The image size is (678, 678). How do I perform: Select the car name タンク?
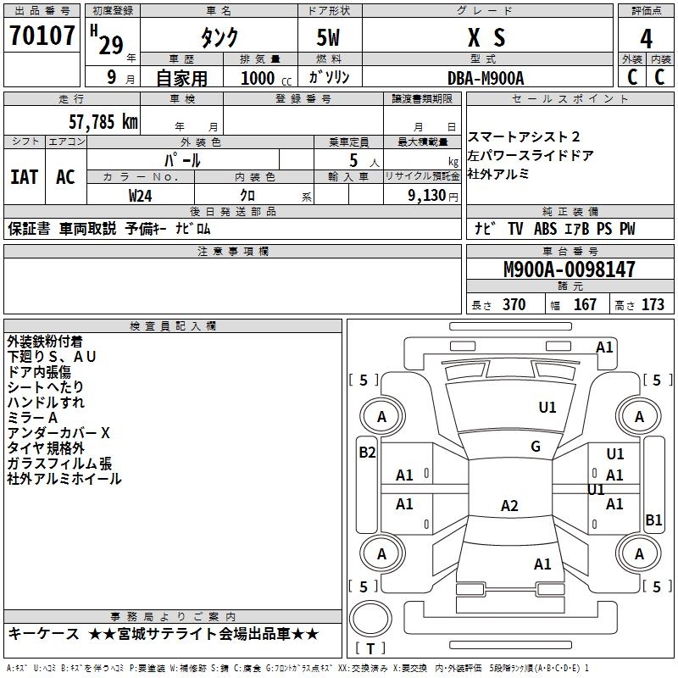point(219,38)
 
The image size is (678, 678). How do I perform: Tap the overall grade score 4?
point(646,38)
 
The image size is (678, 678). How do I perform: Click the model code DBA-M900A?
point(486,77)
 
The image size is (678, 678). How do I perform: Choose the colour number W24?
point(141,195)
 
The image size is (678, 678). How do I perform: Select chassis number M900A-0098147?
point(569,270)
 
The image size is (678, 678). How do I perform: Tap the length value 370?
point(514,305)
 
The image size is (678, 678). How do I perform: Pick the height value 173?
point(653,305)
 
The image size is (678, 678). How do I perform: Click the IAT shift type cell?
point(25,177)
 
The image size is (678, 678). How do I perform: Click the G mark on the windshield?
point(536,447)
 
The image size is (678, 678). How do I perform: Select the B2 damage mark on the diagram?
point(366,453)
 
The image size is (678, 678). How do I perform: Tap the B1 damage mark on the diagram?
point(653,520)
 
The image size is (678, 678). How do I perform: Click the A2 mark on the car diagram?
point(509,506)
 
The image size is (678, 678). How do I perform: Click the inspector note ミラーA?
point(33,418)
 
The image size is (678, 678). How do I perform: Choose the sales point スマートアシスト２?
point(524,137)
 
